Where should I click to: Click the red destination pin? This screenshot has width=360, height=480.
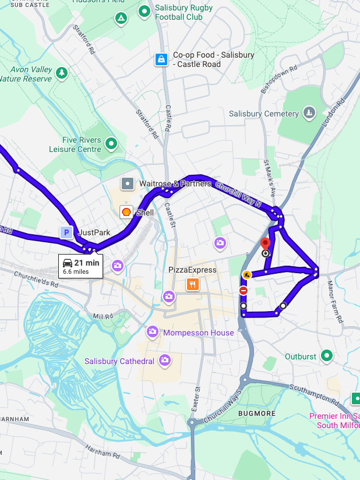click(265, 243)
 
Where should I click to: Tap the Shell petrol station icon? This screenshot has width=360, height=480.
click(126, 212)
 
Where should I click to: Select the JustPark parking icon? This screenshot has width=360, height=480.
click(66, 232)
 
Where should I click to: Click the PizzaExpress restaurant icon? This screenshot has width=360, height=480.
click(192, 284)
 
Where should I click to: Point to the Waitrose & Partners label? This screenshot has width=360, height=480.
click(175, 184)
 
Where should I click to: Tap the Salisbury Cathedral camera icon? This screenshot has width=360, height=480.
click(165, 361)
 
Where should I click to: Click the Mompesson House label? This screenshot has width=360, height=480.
click(199, 333)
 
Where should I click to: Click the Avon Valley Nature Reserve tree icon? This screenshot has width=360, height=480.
click(62, 73)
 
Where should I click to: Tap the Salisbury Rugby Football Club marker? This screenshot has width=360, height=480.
click(144, 11)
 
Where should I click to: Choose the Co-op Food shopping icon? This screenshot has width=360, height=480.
click(161, 59)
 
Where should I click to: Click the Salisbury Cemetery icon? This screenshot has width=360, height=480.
click(310, 113)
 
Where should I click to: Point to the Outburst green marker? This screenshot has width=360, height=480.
click(327, 355)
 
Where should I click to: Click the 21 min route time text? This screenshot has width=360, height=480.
click(87, 263)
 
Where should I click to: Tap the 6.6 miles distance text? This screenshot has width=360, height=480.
click(76, 271)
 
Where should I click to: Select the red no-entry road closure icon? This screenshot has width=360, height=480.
click(243, 290)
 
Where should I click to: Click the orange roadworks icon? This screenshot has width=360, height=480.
click(247, 274)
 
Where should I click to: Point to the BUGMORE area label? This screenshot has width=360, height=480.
click(253, 413)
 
